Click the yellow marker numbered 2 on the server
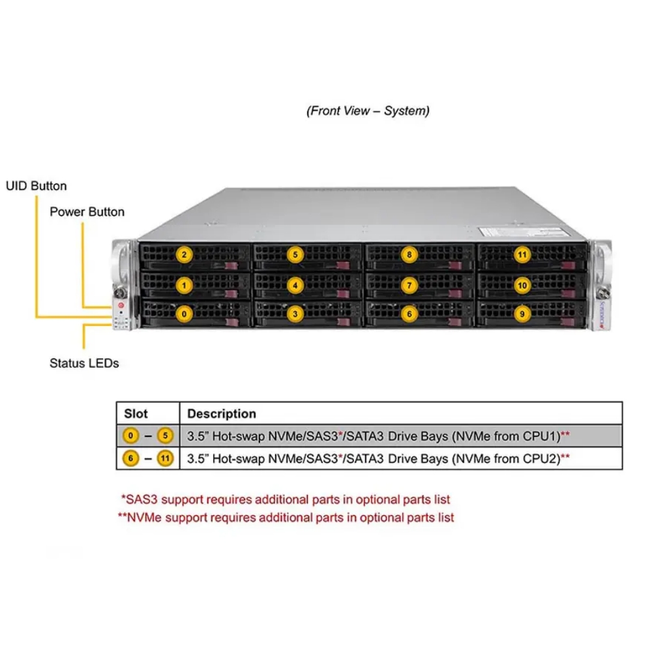[185, 255]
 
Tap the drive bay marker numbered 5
[295, 255]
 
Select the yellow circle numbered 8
[409, 255]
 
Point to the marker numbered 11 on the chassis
[522, 255]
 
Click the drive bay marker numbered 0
[185, 314]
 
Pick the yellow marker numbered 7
[409, 286]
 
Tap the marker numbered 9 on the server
[522, 314]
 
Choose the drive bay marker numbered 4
[295, 286]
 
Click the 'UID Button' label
[36, 186]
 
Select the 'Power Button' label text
[87, 212]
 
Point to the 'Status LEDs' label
[84, 363]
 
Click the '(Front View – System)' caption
[368, 111]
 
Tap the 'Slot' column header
[136, 414]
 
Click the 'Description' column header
[222, 414]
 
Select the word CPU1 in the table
[541, 436]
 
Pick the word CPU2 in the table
[541, 458]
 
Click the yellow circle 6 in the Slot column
[130, 458]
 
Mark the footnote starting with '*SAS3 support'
[286, 499]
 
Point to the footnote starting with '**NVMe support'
[286, 518]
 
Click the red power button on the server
[121, 306]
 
